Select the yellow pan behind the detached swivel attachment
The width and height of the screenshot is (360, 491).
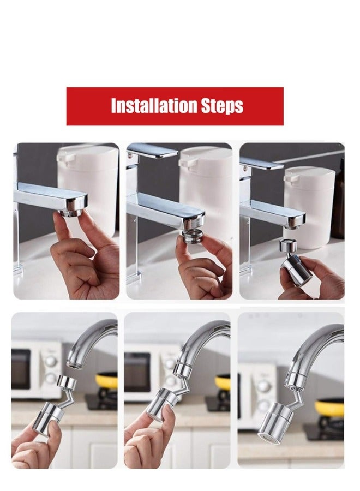(x=107, y=380)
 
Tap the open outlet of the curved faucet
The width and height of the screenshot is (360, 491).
(x=74, y=363)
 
